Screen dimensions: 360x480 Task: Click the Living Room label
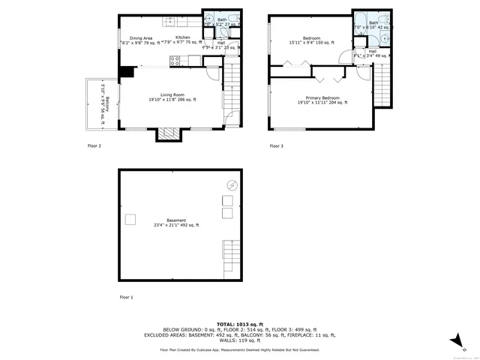166,95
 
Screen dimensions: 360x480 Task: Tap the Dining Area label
141,37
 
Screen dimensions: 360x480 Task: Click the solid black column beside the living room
126,72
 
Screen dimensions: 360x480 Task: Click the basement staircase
231,259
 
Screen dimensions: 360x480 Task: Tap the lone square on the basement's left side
130,218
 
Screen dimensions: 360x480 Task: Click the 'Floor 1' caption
126,298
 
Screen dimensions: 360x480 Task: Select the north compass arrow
455,341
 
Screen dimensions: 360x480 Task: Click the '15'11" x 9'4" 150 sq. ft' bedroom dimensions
312,43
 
